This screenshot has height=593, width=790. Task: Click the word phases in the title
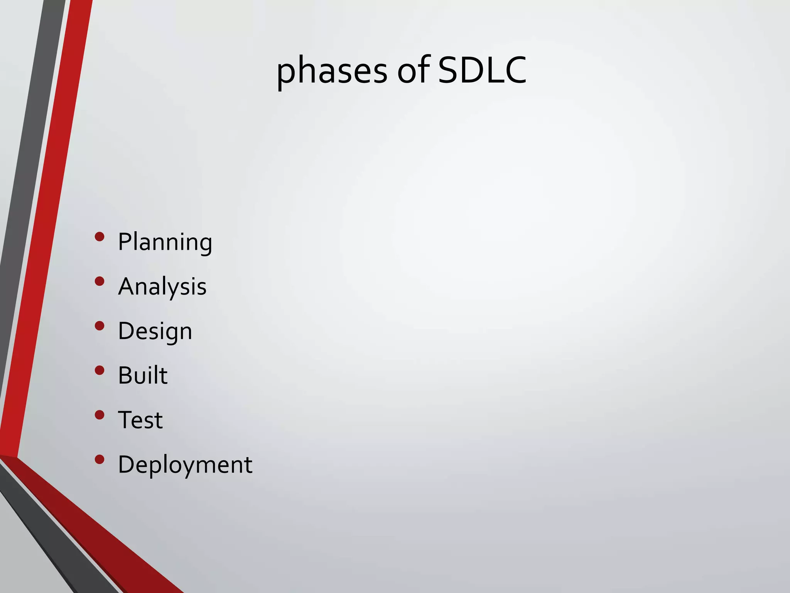pos(332,71)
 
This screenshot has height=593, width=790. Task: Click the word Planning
pos(165,242)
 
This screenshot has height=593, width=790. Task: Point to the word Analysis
pos(162,286)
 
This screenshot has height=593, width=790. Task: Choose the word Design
pos(155,331)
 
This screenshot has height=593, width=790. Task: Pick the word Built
pos(143,375)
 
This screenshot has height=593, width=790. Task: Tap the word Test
pos(140,420)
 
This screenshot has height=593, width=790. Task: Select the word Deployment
pos(185,464)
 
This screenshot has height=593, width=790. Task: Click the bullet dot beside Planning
pos(100,237)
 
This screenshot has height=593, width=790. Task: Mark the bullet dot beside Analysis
pos(100,281)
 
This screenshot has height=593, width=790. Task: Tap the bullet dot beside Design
pos(100,326)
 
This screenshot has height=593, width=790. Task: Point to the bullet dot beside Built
pos(100,370)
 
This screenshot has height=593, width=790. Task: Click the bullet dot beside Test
pos(100,415)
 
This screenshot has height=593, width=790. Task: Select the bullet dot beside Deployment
pos(100,459)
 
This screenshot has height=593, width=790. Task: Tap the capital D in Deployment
pos(127,464)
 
